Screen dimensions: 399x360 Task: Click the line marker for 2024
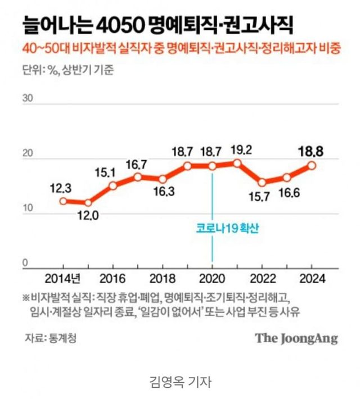312,166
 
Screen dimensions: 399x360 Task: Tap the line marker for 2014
63,201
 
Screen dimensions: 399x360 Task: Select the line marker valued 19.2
237,163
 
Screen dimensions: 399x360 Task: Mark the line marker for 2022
262,182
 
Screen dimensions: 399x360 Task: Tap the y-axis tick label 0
25,262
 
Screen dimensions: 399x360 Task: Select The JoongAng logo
296,338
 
